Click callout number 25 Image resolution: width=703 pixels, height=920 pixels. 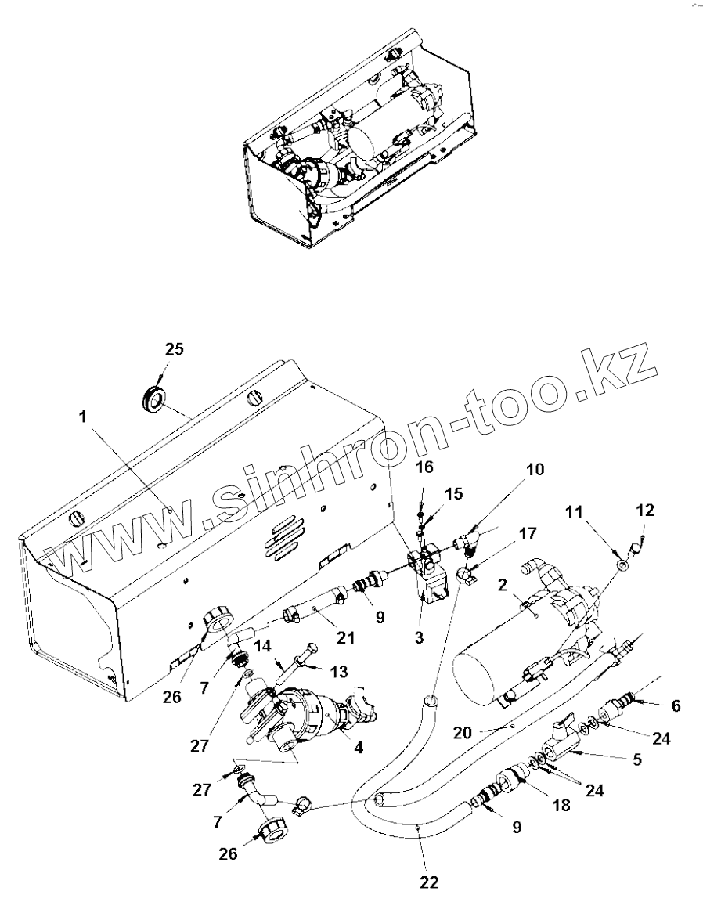point(174,349)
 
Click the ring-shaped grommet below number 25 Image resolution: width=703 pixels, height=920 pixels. point(153,399)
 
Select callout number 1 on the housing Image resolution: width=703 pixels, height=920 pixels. point(83,418)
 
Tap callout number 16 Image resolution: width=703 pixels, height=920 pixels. point(424,467)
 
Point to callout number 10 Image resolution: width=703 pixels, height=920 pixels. point(534,470)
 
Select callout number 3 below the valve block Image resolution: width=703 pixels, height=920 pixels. point(419,638)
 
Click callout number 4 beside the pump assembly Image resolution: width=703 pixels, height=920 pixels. point(359,748)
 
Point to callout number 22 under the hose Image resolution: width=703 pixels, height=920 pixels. point(428,883)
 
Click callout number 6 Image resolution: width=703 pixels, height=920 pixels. point(675,705)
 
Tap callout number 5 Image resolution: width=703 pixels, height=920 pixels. point(637,759)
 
